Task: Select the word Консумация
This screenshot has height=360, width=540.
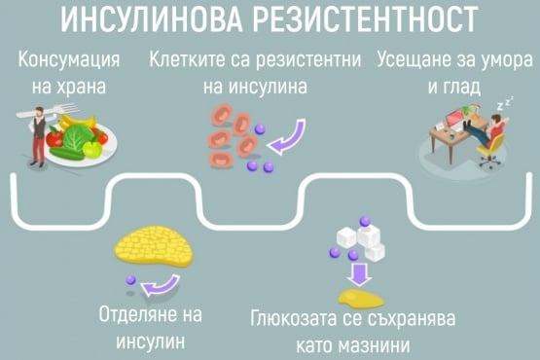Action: (x=69, y=60)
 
